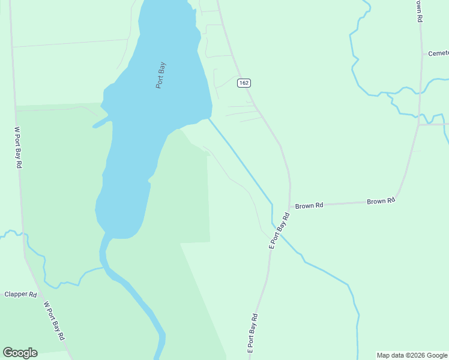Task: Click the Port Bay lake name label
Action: (160, 76)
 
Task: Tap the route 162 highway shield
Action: (243, 83)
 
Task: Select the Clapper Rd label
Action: (21, 295)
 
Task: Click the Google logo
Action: (20, 353)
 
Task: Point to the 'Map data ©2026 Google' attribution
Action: (412, 355)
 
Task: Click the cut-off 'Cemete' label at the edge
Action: (438, 53)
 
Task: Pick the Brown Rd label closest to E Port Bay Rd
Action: (309, 205)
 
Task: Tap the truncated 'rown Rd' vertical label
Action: (418, 11)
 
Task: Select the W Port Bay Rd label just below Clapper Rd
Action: (54, 321)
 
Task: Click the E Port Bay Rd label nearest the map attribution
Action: (253, 333)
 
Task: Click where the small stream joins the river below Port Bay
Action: (104, 268)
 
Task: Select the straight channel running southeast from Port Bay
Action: (240, 159)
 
